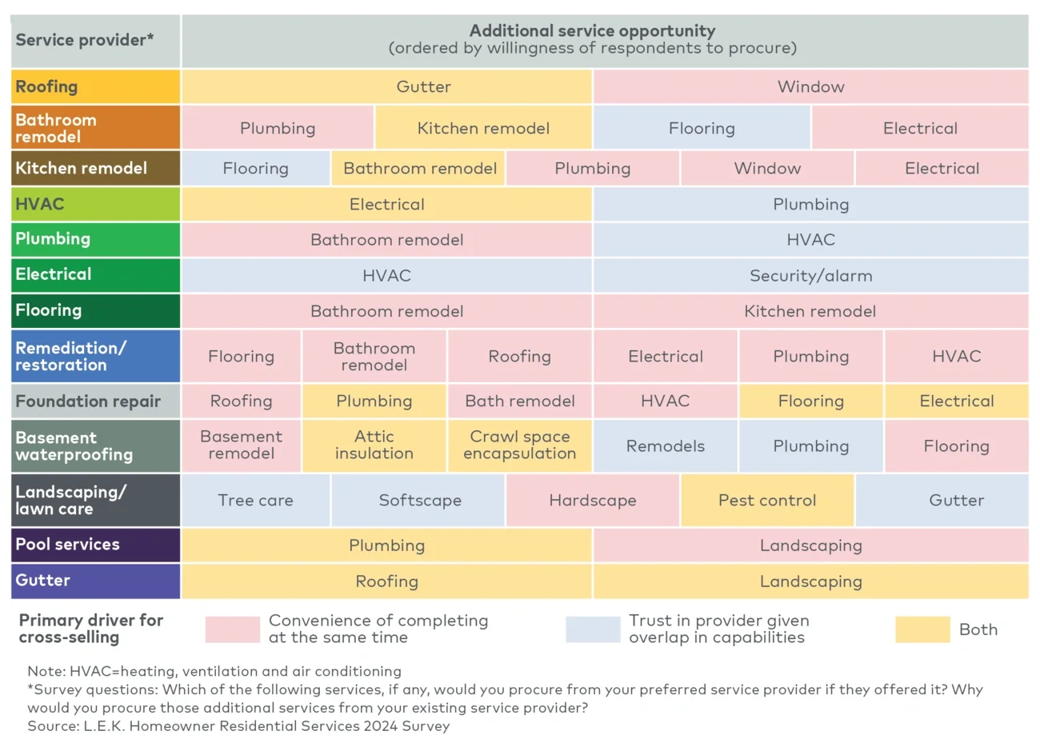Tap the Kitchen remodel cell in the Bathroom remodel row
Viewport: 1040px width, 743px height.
point(483,128)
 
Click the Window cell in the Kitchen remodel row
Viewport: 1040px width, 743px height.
point(767,168)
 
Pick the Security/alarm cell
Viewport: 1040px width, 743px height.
point(810,275)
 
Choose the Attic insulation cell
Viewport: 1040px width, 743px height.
point(374,445)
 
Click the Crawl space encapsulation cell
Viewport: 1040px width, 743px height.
point(519,445)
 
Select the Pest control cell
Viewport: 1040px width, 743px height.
point(767,500)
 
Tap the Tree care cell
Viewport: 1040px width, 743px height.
point(255,500)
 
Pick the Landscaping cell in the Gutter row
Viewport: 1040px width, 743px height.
point(810,581)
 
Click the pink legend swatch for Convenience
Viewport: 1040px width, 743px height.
point(232,629)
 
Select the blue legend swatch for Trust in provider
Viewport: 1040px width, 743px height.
point(592,629)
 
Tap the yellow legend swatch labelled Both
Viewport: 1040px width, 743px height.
point(922,629)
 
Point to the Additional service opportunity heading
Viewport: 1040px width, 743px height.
point(592,31)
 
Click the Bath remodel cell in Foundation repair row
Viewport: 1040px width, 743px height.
point(519,401)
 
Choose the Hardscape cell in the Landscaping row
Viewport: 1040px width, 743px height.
point(592,500)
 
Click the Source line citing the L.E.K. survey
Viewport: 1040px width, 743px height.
point(238,725)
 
